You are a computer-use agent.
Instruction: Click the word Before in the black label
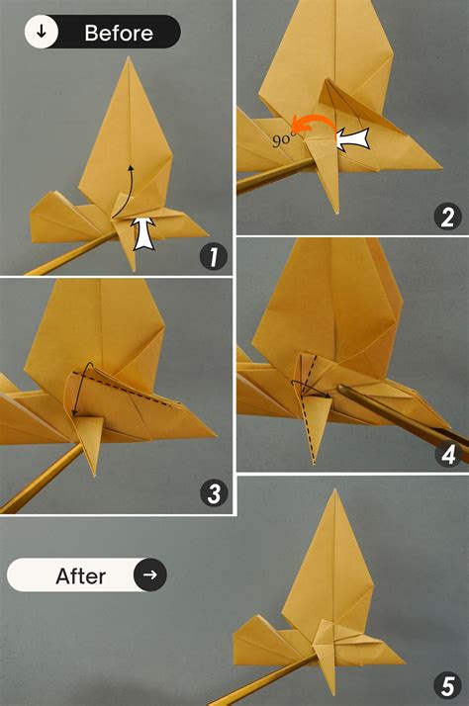pyautogui.click(x=118, y=33)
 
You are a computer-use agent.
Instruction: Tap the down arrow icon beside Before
pyautogui.click(x=41, y=32)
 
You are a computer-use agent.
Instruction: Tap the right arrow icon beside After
pyautogui.click(x=150, y=574)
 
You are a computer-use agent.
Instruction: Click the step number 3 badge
pyautogui.click(x=210, y=493)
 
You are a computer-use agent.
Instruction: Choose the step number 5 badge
pyautogui.click(x=448, y=684)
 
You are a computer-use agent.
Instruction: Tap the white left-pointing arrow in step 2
pyautogui.click(x=353, y=140)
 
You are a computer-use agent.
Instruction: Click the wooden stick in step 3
pyautogui.click(x=40, y=480)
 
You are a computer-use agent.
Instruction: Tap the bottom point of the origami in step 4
pyautogui.click(x=314, y=463)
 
